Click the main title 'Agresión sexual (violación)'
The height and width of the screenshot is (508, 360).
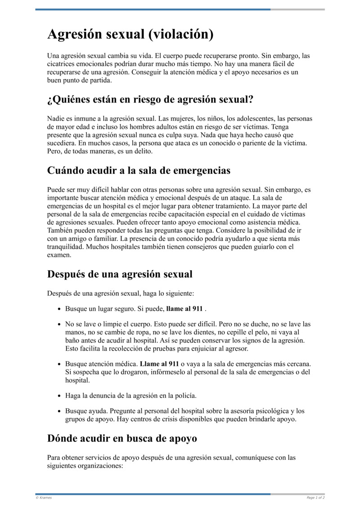(130, 34)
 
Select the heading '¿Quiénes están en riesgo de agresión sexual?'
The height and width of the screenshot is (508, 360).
(150, 100)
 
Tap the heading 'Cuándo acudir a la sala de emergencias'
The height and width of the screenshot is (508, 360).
(139, 170)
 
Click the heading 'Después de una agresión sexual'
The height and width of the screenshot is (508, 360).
(120, 274)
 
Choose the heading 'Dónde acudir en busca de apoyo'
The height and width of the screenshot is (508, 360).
(121, 438)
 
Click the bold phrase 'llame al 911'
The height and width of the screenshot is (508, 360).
(184, 309)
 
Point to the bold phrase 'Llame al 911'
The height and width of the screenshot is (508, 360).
(159, 363)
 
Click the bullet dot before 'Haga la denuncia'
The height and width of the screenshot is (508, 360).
(60, 396)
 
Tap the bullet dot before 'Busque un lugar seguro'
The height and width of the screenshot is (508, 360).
(60, 309)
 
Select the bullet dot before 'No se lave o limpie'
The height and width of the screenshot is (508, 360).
(60, 324)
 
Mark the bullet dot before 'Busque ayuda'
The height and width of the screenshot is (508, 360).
(60, 411)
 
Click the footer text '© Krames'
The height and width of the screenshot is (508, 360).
(44, 498)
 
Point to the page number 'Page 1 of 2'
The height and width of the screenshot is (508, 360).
(315, 498)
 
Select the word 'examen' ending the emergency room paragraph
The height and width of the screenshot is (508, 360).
(59, 254)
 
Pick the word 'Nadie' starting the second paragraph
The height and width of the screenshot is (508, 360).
(56, 119)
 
